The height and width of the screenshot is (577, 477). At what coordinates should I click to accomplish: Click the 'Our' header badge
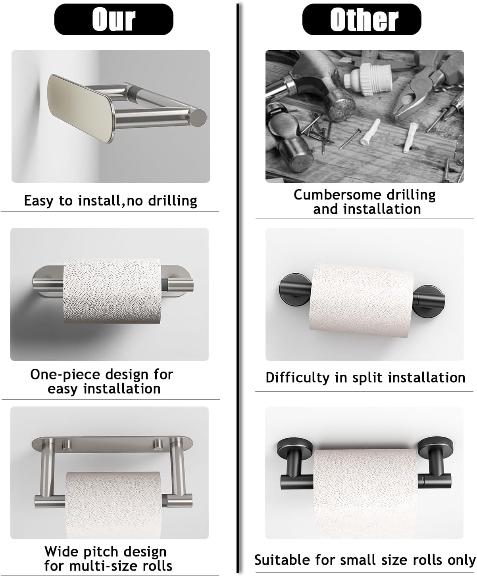pos(113,19)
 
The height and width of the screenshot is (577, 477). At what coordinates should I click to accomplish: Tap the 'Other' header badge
pos(362,19)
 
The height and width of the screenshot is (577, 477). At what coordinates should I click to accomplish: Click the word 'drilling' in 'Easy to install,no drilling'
pos(173,201)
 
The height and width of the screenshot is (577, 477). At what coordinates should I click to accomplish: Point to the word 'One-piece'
pos(65,375)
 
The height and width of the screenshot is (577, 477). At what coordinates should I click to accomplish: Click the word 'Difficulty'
pos(297,378)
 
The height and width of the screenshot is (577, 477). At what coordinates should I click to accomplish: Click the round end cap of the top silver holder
pos(198,118)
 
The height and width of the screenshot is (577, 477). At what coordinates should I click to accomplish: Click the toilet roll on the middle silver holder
pos(112,291)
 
